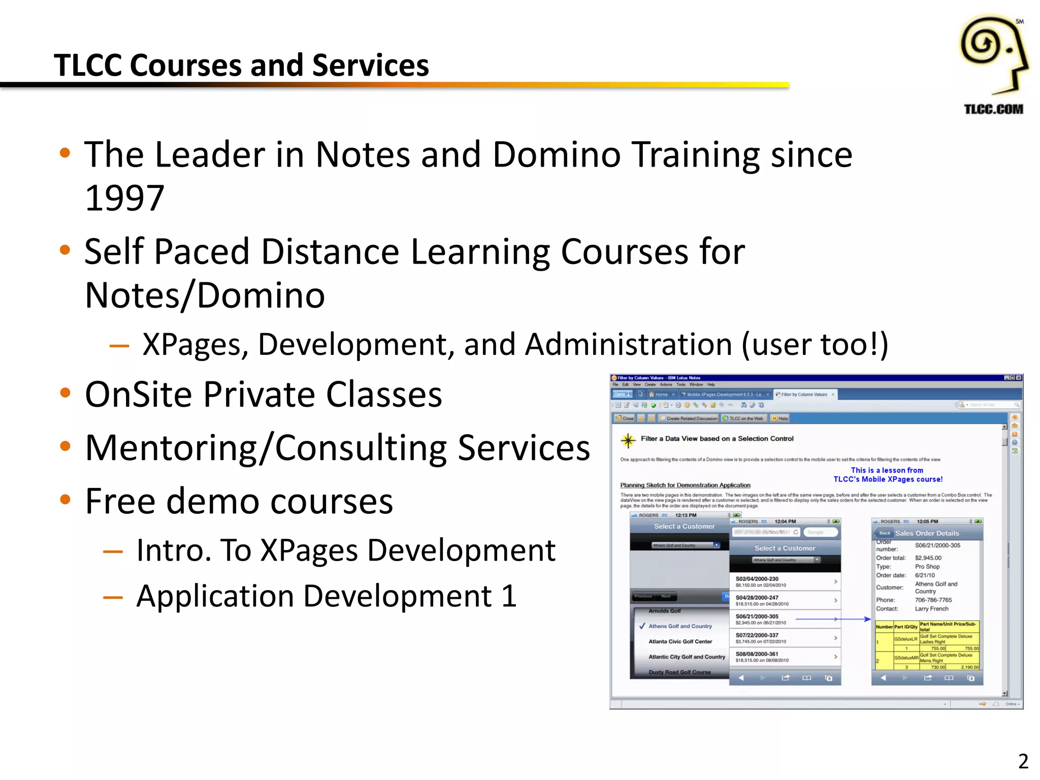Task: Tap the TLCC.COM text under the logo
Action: pyautogui.click(x=993, y=109)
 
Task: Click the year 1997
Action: pyautogui.click(x=124, y=198)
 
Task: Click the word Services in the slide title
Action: pyautogui.click(x=370, y=66)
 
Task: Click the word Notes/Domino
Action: pyautogui.click(x=205, y=296)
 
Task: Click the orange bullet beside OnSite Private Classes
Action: pyautogui.click(x=65, y=393)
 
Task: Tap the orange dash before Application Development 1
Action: pyautogui.click(x=113, y=597)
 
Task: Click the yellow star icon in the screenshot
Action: pyautogui.click(x=628, y=440)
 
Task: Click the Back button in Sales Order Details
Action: pyautogui.click(x=885, y=533)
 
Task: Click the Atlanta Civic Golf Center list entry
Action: pyautogui.click(x=680, y=642)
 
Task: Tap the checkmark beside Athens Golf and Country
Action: pyautogui.click(x=642, y=626)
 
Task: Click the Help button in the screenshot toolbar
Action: pyautogui.click(x=781, y=418)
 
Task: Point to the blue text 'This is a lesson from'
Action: pyautogui.click(x=887, y=470)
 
